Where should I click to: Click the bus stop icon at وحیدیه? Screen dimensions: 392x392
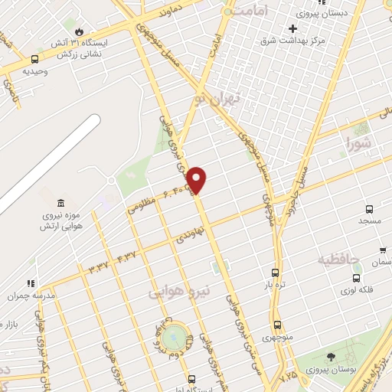(x=34, y=59)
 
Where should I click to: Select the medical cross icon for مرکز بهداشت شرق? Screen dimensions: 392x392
(x=292, y=28)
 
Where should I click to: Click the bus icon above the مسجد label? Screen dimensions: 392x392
(x=370, y=208)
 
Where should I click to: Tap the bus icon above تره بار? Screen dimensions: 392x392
(x=276, y=272)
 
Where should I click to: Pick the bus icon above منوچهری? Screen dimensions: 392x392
(x=277, y=324)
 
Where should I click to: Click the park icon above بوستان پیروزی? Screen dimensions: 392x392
(x=331, y=357)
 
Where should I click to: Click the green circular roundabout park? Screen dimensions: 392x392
(x=175, y=335)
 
